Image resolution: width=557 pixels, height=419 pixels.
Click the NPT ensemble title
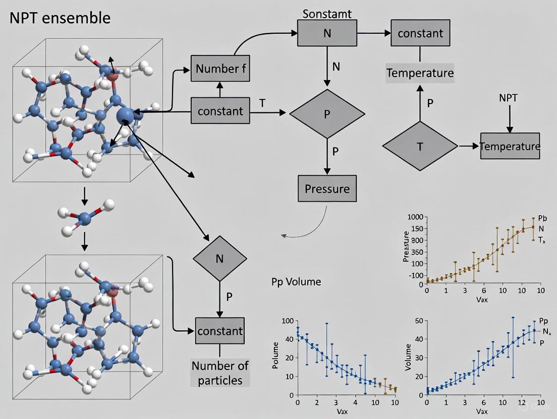click(59, 18)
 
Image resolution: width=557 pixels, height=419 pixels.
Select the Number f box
click(220, 68)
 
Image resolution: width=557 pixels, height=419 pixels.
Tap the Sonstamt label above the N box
click(327, 14)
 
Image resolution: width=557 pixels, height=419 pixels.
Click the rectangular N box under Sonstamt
click(327, 33)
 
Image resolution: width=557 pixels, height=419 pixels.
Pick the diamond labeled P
click(327, 114)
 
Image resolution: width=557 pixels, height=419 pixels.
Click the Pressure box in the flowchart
click(327, 189)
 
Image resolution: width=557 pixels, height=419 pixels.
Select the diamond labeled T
click(420, 146)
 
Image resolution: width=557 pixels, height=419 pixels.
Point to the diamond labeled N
click(220, 259)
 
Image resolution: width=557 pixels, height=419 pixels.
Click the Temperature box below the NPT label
click(510, 146)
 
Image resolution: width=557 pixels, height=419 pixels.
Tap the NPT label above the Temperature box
click(508, 98)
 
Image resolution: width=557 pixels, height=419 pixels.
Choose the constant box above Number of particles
click(220, 331)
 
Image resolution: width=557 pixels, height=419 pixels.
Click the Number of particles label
click(219, 373)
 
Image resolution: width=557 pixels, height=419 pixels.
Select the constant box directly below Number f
click(220, 111)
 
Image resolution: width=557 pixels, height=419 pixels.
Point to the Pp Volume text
click(296, 282)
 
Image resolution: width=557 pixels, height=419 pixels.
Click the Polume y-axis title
click(275, 356)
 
